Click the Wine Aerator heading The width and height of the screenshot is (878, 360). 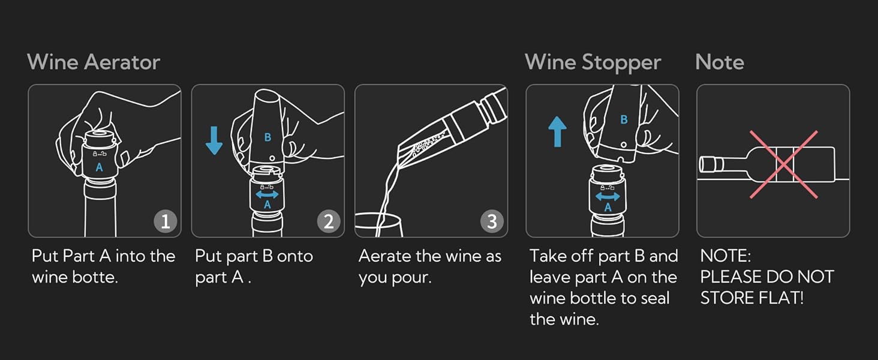click(x=94, y=62)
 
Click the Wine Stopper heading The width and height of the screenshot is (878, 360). click(x=593, y=62)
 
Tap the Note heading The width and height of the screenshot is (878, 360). click(x=719, y=62)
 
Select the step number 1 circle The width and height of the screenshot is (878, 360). click(x=165, y=221)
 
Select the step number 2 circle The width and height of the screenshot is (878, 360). click(x=328, y=221)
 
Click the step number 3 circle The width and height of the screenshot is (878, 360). click(x=491, y=221)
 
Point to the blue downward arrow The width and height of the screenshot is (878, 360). click(x=214, y=140)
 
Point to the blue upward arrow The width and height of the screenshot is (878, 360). click(x=557, y=131)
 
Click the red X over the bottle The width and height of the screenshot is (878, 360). click(x=783, y=164)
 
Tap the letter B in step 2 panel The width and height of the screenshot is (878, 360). click(x=267, y=137)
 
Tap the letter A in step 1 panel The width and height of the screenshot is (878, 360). click(x=100, y=167)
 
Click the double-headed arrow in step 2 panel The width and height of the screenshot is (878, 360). click(x=267, y=194)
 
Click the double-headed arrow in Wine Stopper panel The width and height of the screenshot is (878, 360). click(x=608, y=197)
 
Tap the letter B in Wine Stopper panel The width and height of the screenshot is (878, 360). click(x=624, y=119)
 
